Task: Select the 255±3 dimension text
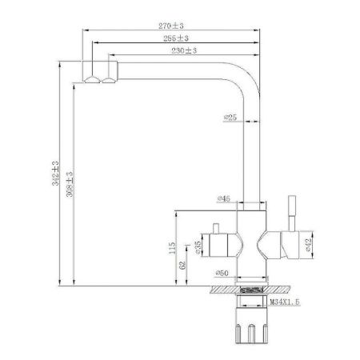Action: point(176,38)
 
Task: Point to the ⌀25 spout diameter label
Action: point(230,119)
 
